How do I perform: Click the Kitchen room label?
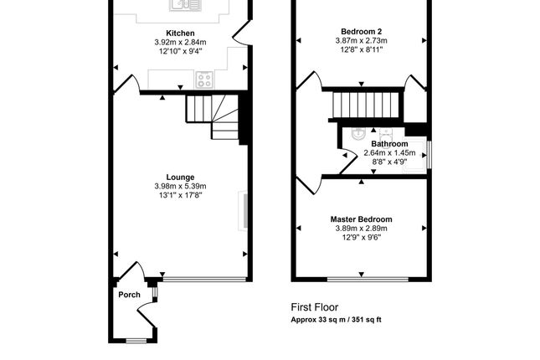(x=180, y=33)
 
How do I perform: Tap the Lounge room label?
(x=180, y=177)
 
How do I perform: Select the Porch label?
(x=129, y=295)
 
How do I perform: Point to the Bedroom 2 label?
(x=361, y=31)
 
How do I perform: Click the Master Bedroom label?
(x=361, y=219)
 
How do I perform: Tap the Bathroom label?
(x=389, y=144)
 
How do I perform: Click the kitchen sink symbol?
(x=185, y=5)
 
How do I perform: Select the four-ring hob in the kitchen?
(x=204, y=80)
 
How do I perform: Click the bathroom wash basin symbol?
(x=358, y=134)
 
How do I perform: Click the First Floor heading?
(x=315, y=307)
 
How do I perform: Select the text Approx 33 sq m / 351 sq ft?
(x=336, y=319)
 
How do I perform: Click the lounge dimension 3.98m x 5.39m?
(x=180, y=187)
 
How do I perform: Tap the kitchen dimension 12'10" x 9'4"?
(x=180, y=51)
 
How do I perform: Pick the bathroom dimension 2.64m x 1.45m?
(x=389, y=152)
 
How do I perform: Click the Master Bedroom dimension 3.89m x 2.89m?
(x=361, y=228)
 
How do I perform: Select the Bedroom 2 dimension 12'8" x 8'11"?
(x=361, y=49)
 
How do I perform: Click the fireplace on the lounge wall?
(x=243, y=211)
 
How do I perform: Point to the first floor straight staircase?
(x=365, y=105)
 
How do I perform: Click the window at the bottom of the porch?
(x=136, y=341)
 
